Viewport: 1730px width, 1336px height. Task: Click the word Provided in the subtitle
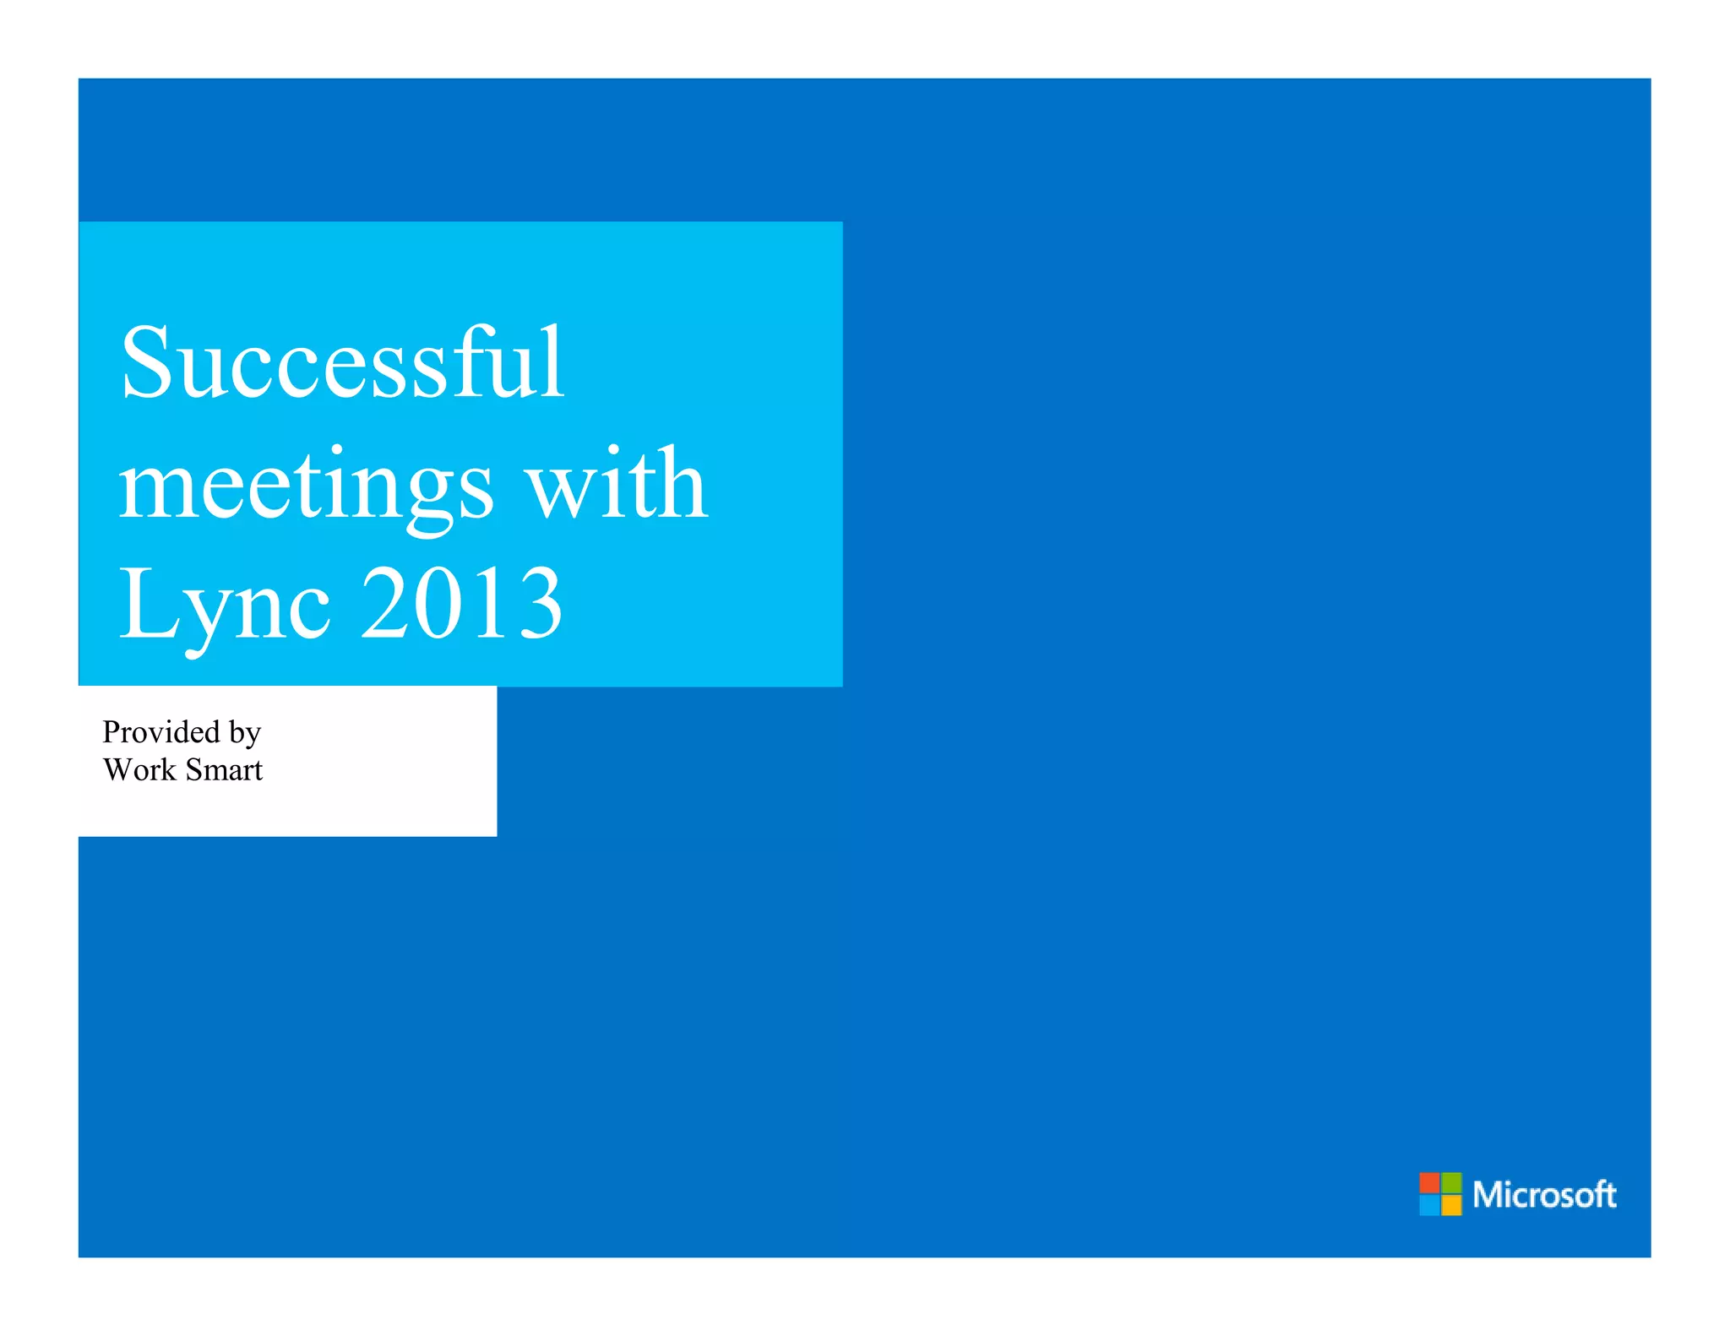point(160,731)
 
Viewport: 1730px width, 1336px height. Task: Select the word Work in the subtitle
point(139,769)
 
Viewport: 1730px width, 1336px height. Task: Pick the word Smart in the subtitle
point(224,769)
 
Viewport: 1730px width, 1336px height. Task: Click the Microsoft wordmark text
point(1544,1194)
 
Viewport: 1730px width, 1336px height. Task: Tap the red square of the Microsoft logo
point(1429,1182)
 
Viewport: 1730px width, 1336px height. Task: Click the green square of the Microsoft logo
point(1451,1182)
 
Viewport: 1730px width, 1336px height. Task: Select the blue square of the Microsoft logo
point(1429,1204)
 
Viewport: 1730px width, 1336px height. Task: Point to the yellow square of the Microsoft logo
point(1451,1204)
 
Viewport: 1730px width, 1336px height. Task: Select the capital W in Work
point(118,769)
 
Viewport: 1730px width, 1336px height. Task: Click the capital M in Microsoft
point(1488,1194)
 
